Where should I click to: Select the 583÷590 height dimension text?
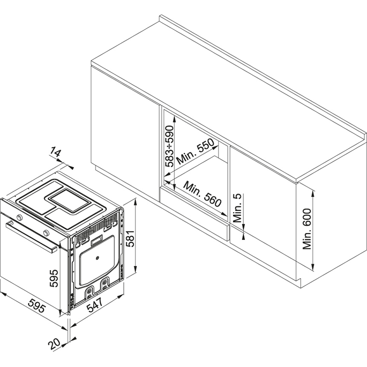click(x=170, y=146)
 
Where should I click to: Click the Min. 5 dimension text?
click(x=238, y=208)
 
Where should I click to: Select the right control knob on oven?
click(x=46, y=233)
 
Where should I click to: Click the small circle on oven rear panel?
click(x=98, y=258)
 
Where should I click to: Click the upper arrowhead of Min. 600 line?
click(x=314, y=195)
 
